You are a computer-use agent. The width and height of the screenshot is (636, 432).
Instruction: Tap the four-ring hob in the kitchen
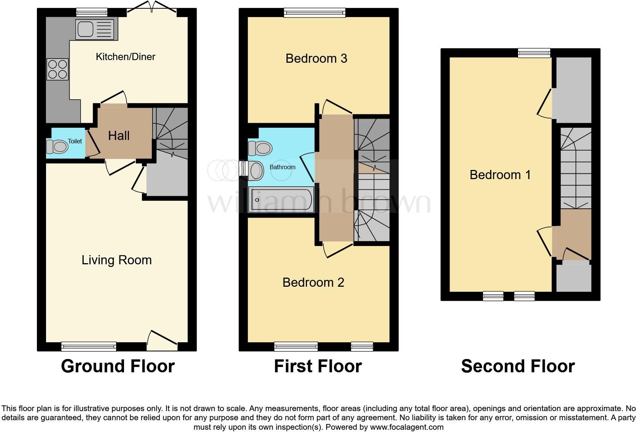(57, 69)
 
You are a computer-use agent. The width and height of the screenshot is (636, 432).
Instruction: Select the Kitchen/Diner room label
(126, 57)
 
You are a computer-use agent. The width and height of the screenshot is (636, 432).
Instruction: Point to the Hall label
(119, 136)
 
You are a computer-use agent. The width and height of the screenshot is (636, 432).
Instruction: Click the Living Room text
(116, 260)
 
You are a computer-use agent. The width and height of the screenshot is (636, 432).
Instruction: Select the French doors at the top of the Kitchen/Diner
(151, 10)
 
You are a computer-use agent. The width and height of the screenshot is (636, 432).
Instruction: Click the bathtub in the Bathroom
(281, 199)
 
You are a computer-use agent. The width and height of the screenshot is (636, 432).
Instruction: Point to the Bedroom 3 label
(316, 59)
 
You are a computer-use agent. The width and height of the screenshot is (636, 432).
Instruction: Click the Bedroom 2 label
(313, 283)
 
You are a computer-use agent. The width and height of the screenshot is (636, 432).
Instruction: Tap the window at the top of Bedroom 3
(315, 13)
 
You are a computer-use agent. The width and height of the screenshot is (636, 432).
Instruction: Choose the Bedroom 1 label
(500, 175)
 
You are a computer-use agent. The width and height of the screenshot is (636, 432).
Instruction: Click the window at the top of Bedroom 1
(534, 53)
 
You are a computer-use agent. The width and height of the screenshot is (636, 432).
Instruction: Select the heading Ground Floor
(118, 366)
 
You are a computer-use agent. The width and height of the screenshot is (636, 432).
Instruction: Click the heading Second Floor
(518, 366)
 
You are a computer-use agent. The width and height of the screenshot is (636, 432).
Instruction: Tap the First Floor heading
(318, 366)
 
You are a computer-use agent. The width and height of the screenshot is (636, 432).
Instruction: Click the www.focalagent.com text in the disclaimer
(407, 427)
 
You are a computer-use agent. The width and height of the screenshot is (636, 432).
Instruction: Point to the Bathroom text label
(282, 167)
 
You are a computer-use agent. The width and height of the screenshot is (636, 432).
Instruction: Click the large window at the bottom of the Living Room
(89, 346)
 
